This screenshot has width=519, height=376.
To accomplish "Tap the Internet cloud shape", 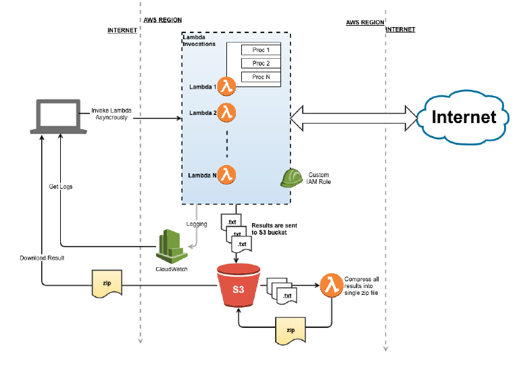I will (464, 117).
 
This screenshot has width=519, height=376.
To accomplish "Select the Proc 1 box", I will (261, 50).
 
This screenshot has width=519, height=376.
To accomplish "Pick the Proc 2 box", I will (261, 64).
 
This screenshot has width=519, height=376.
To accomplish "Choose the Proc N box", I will (261, 77).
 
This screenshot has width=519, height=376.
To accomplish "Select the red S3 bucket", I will (238, 289).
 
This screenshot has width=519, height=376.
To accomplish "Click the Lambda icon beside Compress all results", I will (330, 283).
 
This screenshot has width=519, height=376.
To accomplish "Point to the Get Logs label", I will (61, 186).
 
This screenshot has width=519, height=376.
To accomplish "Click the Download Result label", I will (41, 258).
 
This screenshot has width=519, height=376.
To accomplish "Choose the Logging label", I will (197, 223).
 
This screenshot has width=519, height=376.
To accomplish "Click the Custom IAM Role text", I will (320, 178).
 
